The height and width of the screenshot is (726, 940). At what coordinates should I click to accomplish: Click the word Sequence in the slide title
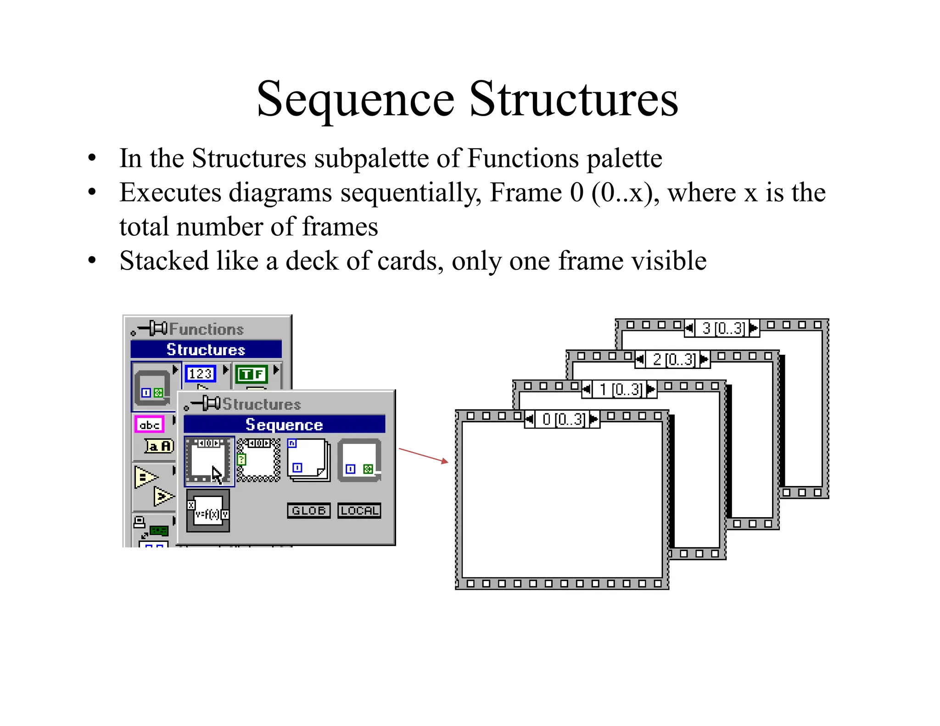pyautogui.click(x=356, y=100)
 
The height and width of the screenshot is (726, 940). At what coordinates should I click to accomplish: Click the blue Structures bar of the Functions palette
pyautogui.click(x=206, y=349)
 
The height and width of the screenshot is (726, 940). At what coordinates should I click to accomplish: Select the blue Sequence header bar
pyautogui.click(x=284, y=424)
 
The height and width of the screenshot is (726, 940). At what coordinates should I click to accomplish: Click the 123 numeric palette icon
pyautogui.click(x=200, y=374)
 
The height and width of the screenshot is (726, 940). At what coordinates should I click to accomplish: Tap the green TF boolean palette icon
pyautogui.click(x=252, y=374)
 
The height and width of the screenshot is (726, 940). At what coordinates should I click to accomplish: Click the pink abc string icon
pyautogui.click(x=149, y=424)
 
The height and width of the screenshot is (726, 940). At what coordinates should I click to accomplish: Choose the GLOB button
pyautogui.click(x=308, y=510)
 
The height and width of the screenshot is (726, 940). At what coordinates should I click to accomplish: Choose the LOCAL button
pyautogui.click(x=359, y=510)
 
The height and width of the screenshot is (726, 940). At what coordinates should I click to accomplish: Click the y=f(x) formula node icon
pyautogui.click(x=208, y=510)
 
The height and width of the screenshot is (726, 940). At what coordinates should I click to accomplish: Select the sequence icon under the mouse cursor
pyautogui.click(x=209, y=461)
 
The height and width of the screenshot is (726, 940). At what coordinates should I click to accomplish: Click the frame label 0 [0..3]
pyautogui.click(x=562, y=419)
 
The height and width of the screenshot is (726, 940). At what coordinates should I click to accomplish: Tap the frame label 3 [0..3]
pyautogui.click(x=722, y=328)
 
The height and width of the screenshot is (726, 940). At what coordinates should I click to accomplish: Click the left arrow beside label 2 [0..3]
pyautogui.click(x=640, y=359)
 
